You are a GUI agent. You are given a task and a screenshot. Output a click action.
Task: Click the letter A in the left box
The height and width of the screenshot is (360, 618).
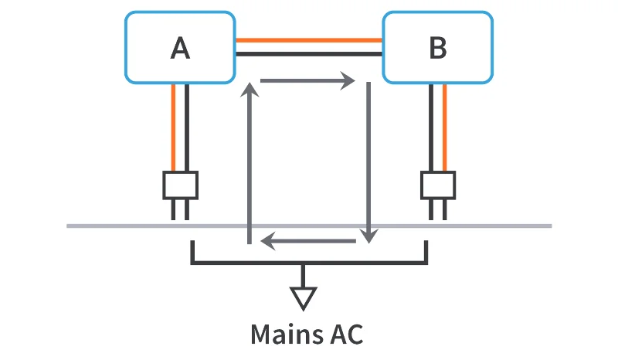180,48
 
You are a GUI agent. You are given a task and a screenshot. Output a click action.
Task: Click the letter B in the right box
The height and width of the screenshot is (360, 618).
438,48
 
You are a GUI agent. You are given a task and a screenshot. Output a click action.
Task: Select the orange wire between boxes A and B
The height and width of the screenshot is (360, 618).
309,40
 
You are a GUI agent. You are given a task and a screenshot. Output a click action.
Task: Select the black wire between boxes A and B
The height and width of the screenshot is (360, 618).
309,53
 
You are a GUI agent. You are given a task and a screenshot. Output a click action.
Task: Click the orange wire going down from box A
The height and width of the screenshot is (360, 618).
173,127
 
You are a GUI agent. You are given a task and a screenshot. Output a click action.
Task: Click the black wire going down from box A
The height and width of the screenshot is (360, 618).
187,127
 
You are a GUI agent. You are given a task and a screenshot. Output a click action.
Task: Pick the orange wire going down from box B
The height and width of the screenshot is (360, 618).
445,127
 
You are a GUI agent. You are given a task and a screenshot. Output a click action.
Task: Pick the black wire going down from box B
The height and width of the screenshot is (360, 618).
431,127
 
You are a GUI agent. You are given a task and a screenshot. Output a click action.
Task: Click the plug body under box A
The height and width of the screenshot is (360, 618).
180,185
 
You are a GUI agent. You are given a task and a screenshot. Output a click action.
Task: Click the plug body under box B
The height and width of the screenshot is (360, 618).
438,185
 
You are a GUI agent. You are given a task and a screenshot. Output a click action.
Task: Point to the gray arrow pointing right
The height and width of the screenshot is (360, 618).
307,81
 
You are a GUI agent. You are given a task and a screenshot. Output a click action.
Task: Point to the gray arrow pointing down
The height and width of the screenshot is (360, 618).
368,162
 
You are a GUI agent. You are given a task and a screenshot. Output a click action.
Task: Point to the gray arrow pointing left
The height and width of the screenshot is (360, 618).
308,241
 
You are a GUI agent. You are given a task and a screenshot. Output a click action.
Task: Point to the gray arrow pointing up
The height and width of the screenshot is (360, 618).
250,163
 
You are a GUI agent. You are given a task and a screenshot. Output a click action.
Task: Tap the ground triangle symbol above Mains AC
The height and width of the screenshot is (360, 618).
303,298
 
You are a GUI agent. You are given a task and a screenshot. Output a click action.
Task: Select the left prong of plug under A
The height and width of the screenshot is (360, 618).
173,209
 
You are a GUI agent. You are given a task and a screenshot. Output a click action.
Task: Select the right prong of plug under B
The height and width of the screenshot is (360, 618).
445,209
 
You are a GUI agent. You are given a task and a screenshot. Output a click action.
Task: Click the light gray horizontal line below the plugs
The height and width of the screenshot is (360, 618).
309,226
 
